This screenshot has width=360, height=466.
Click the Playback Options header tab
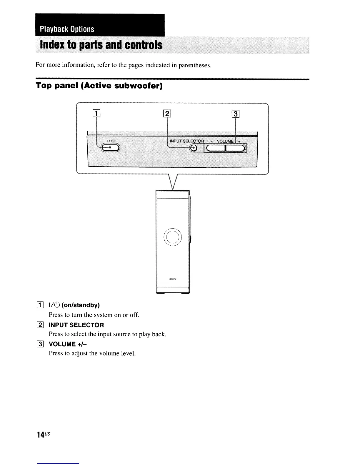coord(67,29)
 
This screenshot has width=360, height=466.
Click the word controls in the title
coord(144,45)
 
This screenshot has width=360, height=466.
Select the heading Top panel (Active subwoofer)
coord(99,86)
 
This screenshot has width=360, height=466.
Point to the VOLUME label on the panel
coord(225,141)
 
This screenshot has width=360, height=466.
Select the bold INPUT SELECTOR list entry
coord(76,325)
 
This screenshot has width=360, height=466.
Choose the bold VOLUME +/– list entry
coord(68,344)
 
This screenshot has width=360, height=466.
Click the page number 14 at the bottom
coord(41,435)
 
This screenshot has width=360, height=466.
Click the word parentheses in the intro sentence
coord(195,65)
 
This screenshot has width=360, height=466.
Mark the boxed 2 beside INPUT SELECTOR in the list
coord(41,325)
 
